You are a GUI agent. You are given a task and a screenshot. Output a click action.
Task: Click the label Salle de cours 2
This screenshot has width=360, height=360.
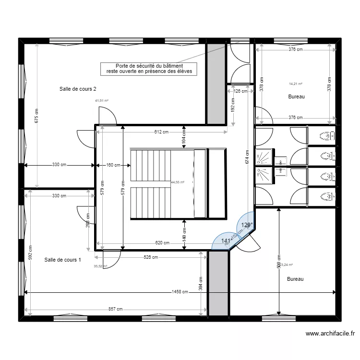click(78, 89)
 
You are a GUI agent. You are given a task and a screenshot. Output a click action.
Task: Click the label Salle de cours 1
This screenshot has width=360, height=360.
click(62, 260)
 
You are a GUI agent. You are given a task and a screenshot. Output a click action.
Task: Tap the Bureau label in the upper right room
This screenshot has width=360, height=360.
click(297, 96)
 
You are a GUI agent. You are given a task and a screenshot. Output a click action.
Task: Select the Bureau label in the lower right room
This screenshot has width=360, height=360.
click(295, 278)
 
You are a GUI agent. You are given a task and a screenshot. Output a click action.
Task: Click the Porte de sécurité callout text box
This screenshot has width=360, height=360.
click(149, 69)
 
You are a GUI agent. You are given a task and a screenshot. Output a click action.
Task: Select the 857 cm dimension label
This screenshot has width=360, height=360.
click(114, 310)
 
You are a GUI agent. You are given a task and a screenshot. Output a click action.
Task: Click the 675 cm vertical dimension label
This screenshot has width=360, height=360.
click(37, 116)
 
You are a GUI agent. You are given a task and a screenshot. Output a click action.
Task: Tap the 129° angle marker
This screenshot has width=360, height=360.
click(246, 225)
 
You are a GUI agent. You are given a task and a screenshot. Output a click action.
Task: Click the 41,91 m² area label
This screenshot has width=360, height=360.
click(102, 101)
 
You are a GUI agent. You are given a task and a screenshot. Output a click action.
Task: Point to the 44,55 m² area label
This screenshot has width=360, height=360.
click(178, 182)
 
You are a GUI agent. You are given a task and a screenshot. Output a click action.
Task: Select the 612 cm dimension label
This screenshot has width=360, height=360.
click(161, 132)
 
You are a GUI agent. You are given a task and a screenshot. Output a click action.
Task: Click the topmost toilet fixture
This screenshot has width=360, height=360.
click(327, 136)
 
